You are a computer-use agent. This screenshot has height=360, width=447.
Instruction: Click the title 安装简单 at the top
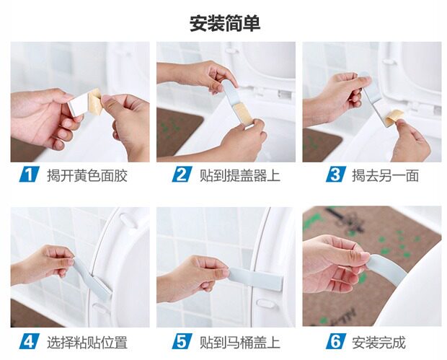[225, 24]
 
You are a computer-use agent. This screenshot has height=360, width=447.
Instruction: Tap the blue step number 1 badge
[29, 175]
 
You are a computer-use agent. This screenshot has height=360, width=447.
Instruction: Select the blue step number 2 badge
[181, 175]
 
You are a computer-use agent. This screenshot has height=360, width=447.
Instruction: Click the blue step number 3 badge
[335, 175]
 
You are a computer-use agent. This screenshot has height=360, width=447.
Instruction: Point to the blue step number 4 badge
[29, 341]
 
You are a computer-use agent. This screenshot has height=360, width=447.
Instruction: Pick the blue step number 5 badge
[181, 341]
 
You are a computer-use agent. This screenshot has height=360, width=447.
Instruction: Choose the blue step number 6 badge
[335, 341]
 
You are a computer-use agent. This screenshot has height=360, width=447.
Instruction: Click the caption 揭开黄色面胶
[87, 175]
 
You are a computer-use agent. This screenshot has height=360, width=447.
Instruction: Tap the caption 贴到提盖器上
[240, 175]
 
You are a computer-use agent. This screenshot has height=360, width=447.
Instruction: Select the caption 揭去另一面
[385, 175]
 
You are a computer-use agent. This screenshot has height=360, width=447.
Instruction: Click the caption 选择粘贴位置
[87, 342]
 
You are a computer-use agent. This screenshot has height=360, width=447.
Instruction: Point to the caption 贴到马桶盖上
[240, 342]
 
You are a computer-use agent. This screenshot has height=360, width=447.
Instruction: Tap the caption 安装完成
[379, 342]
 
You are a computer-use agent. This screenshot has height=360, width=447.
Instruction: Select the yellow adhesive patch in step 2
[242, 113]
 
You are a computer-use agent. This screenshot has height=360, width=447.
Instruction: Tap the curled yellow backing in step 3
[394, 117]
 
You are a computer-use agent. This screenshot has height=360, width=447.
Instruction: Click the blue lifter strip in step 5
[256, 278]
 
